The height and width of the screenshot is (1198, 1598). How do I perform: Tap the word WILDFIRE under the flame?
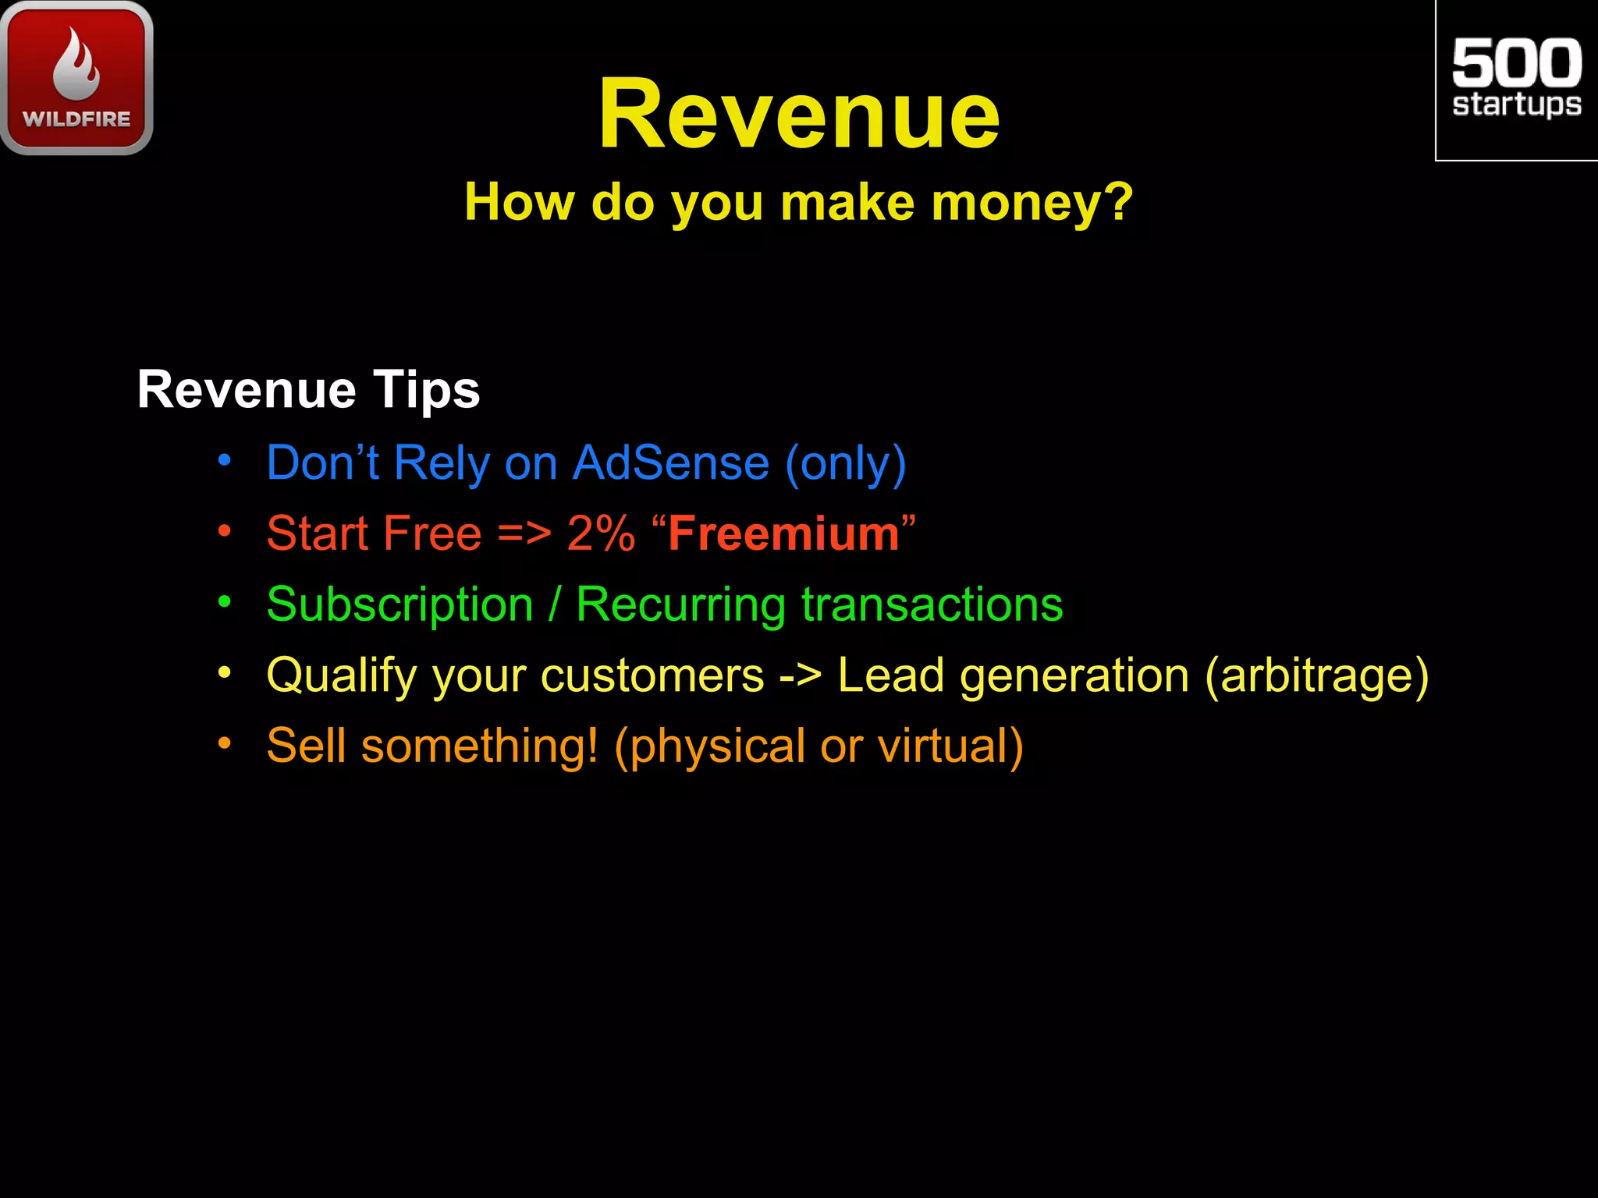(x=76, y=119)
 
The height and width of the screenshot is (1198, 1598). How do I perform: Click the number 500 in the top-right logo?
(x=1517, y=63)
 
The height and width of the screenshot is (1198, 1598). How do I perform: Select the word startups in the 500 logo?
(x=1517, y=105)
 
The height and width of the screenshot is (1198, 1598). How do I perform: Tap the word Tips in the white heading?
(x=426, y=389)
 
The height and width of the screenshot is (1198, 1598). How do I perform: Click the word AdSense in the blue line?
(x=671, y=463)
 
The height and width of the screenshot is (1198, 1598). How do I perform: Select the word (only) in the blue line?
(x=846, y=464)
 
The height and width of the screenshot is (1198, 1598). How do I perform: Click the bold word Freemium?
(x=783, y=533)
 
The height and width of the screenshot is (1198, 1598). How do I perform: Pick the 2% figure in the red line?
(x=601, y=533)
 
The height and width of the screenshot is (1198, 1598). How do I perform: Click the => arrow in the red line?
(x=524, y=535)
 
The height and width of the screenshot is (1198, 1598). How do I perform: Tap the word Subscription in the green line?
(x=399, y=605)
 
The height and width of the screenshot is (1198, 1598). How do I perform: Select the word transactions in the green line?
(x=932, y=604)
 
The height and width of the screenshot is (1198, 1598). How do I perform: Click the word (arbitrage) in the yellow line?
(x=1317, y=675)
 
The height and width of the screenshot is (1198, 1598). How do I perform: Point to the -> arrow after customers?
(x=800, y=675)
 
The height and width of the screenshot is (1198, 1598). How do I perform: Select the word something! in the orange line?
(x=480, y=746)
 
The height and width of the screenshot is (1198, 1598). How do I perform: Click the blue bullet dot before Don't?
(x=225, y=460)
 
